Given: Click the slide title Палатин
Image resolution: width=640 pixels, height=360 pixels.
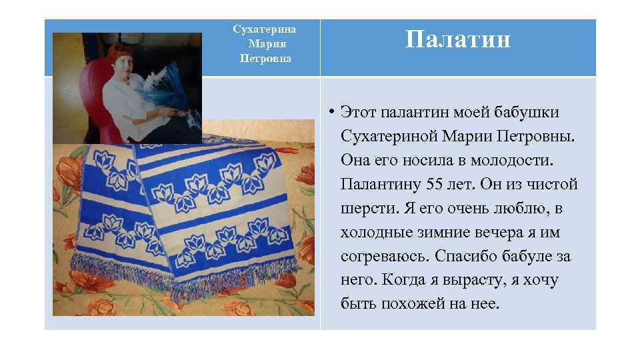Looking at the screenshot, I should point(458,41).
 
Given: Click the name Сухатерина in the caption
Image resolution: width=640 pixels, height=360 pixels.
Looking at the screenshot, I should point(265,29).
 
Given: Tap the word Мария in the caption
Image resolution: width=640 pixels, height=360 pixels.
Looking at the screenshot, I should point(265,44).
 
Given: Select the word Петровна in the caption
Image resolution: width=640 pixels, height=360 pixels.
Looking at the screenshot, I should point(265,58).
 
